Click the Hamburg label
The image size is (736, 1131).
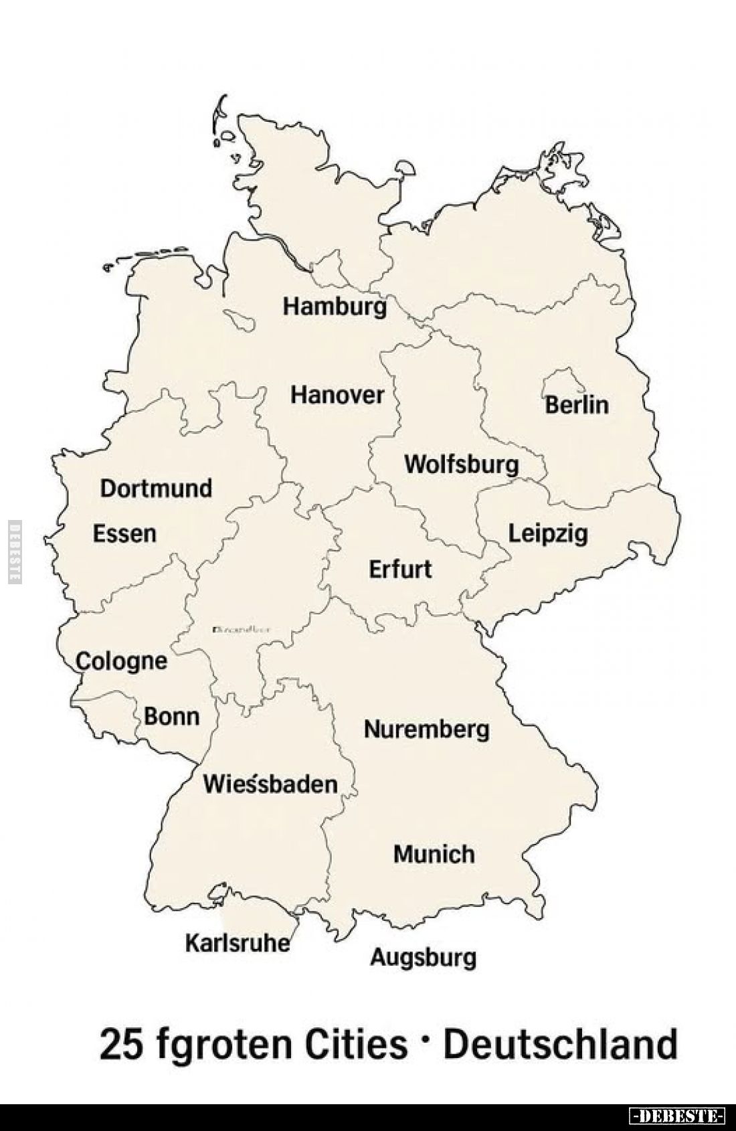coord(335,307)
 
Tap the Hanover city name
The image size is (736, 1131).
coord(337,395)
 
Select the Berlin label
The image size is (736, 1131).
coord(577,405)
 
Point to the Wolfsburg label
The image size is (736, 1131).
coord(461,464)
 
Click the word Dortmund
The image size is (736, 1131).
coord(156,489)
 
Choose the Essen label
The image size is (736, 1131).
coord(124,534)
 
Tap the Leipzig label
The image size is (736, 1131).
coord(548,533)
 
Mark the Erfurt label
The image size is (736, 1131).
coord(400,570)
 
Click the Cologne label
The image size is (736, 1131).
coord(121,661)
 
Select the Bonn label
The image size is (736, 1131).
coord(171,717)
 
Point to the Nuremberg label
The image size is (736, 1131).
coord(426,729)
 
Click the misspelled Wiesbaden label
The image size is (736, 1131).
coord(270,783)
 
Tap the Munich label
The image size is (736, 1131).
coord(434,854)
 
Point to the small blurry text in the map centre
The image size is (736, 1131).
coord(241,630)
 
